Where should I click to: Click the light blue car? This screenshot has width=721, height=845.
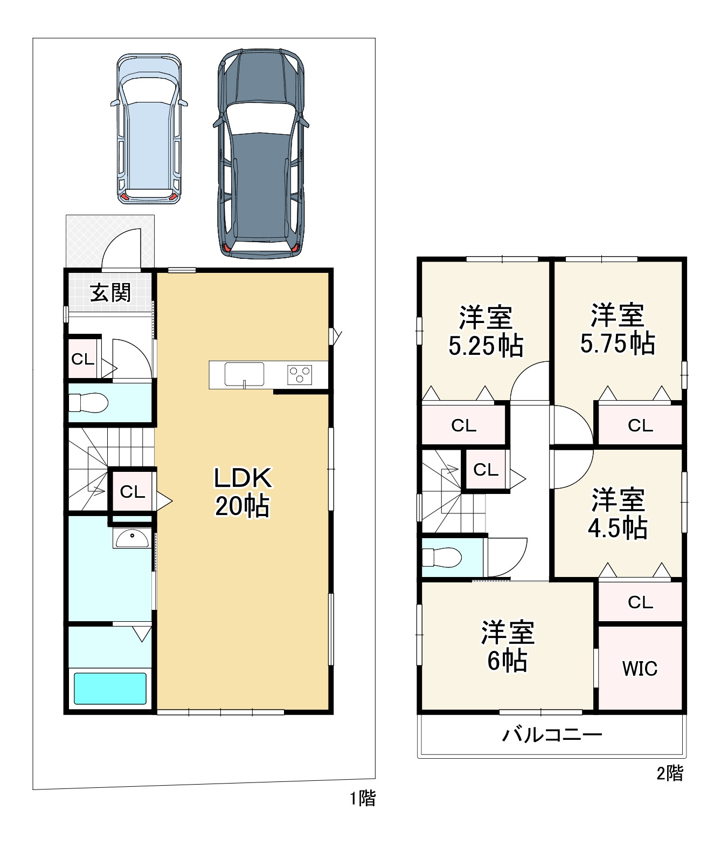tap(149, 129)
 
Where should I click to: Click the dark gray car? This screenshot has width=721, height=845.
tap(261, 154)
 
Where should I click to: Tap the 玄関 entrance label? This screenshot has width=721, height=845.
tap(110, 293)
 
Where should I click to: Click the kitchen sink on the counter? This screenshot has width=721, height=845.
tap(244, 374)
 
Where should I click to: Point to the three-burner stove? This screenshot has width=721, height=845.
tap(300, 375)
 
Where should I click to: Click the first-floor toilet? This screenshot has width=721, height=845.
tap(88, 403)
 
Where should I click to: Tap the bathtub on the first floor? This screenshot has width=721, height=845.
tap(110, 689)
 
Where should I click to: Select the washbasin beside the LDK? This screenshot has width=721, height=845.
tap(133, 538)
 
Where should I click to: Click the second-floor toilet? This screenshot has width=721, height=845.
tap(441, 558)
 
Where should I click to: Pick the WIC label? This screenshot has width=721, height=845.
tap(640, 669)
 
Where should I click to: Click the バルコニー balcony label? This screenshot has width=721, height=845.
tap(552, 735)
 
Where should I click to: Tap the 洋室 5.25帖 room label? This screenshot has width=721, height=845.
tap(486, 331)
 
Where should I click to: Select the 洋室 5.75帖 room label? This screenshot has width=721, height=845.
tap(617, 329)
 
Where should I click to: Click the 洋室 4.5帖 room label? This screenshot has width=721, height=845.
tap(618, 513)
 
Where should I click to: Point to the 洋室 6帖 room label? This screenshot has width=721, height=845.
tap(508, 647)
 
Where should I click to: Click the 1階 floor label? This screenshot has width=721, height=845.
tap(363, 799)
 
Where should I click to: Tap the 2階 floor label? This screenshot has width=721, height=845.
tap(670, 773)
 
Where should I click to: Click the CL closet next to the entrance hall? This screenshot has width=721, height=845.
tap(83, 359)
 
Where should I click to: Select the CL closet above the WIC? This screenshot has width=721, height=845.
tap(640, 602)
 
